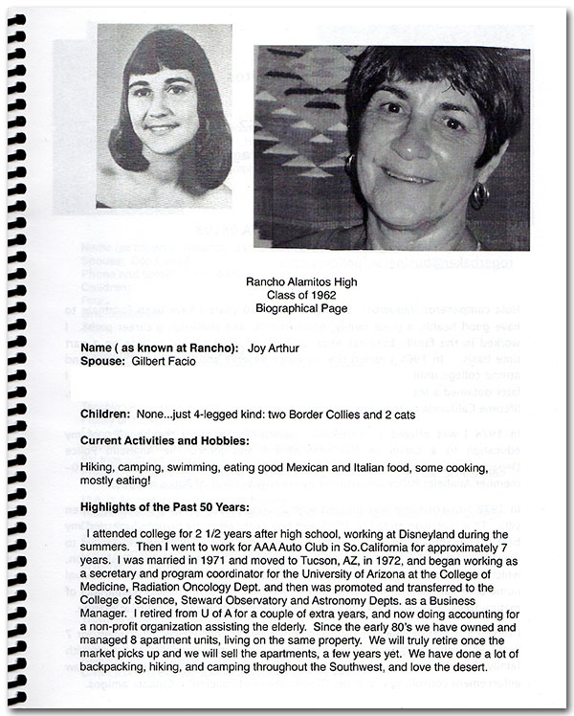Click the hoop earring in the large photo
click(477, 196)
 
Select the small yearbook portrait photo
click(164, 116)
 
